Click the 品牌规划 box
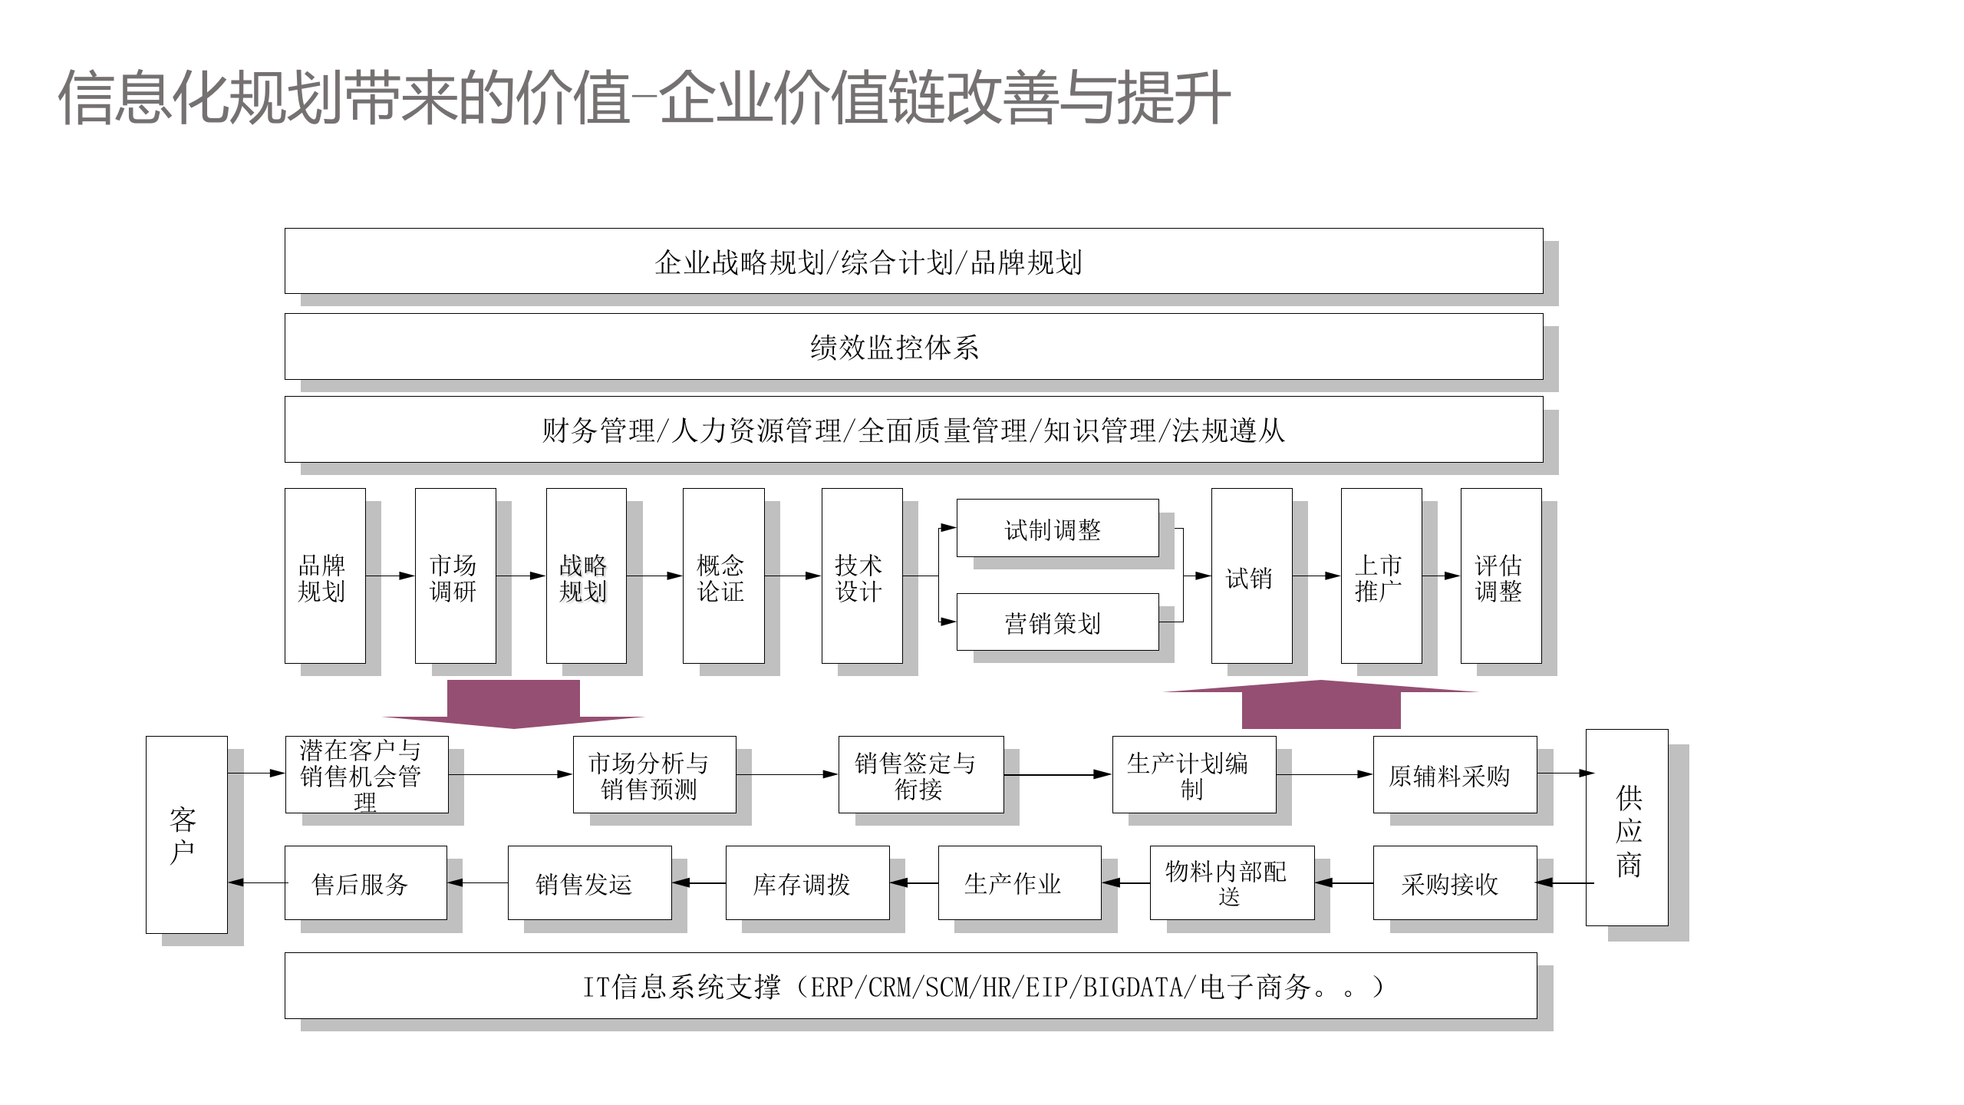pyautogui.click(x=325, y=576)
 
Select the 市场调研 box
pyautogui.click(x=455, y=576)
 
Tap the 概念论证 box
pyautogui.click(x=723, y=576)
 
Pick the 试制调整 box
pyautogui.click(x=1057, y=528)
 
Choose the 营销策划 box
pyautogui.click(x=1057, y=622)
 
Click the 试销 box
pyautogui.click(x=1251, y=576)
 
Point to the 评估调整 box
pyautogui.click(x=1501, y=576)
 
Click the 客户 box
pyautogui.click(x=186, y=835)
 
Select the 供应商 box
pyautogui.click(x=1626, y=827)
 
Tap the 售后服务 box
pyautogui.click(x=365, y=883)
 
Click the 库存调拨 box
pyautogui.click(x=807, y=883)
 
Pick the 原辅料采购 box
pyautogui.click(x=1455, y=775)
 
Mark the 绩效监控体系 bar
pyautogui.click(x=913, y=346)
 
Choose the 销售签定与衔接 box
pyautogui.click(x=921, y=775)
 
